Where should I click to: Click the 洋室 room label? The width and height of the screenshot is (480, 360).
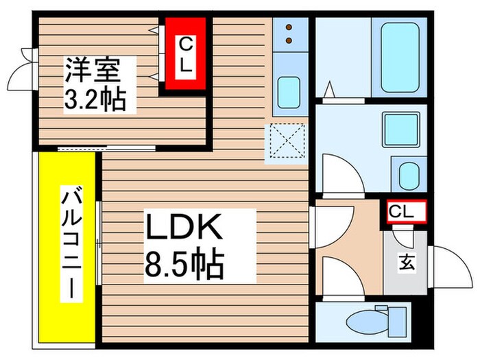click(x=93, y=70)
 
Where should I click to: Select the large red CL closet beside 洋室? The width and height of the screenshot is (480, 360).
click(x=184, y=56)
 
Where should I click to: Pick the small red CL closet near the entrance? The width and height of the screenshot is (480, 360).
click(x=405, y=212)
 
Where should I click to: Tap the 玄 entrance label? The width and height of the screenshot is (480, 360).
click(x=407, y=261)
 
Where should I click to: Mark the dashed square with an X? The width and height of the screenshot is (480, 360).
click(x=288, y=140)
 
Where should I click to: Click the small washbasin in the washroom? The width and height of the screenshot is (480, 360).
click(x=409, y=173)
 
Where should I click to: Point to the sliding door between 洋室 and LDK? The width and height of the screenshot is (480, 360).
click(x=106, y=148)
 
